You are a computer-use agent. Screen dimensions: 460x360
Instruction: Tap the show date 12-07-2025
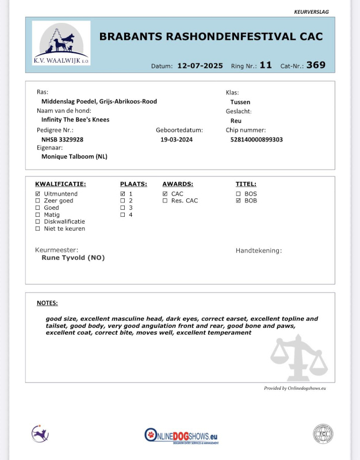200,66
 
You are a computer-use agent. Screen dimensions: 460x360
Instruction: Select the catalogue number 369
316,65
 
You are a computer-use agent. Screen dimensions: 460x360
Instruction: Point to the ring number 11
265,65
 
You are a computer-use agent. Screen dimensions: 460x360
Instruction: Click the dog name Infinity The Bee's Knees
75,120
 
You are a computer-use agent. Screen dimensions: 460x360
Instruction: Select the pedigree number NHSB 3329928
63,139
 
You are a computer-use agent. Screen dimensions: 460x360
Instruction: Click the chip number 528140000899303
256,139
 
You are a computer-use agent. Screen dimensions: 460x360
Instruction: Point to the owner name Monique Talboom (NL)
74,156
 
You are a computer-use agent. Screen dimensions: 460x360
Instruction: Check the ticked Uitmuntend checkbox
38,194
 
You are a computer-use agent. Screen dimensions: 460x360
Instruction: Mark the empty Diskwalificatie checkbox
38,221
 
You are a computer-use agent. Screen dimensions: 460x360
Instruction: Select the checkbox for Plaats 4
122,214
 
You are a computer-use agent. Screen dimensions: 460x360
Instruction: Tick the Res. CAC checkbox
165,201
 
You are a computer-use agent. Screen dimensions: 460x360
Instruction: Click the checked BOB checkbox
238,201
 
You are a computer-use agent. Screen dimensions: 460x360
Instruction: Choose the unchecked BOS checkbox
238,194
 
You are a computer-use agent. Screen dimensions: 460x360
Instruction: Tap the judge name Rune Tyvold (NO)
73,258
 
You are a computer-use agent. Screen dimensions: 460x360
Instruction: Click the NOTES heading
47,303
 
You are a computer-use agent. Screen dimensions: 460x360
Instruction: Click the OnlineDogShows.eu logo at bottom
182,435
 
